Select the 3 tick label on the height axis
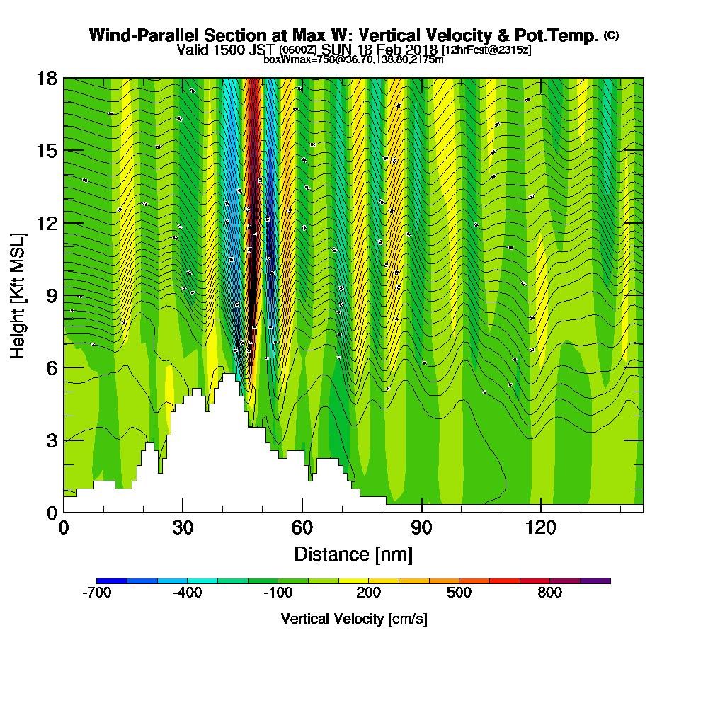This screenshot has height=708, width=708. pyautogui.click(x=52, y=440)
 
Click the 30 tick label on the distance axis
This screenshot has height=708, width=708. pyautogui.click(x=183, y=527)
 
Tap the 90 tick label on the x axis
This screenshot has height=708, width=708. pyautogui.click(x=422, y=527)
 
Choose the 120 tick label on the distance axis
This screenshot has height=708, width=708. pyautogui.click(x=541, y=527)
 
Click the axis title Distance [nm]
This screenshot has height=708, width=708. pyautogui.click(x=353, y=554)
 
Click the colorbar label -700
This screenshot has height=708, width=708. pyautogui.click(x=97, y=593)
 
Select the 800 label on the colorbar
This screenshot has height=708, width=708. pyautogui.click(x=550, y=593)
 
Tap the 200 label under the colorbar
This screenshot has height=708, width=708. pyautogui.click(x=368, y=593)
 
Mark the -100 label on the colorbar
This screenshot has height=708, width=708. pyautogui.click(x=278, y=593)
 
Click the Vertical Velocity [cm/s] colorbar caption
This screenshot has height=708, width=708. pyautogui.click(x=353, y=619)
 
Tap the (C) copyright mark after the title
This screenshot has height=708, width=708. pyautogui.click(x=611, y=35)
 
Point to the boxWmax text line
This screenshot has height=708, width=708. pyautogui.click(x=353, y=60)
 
